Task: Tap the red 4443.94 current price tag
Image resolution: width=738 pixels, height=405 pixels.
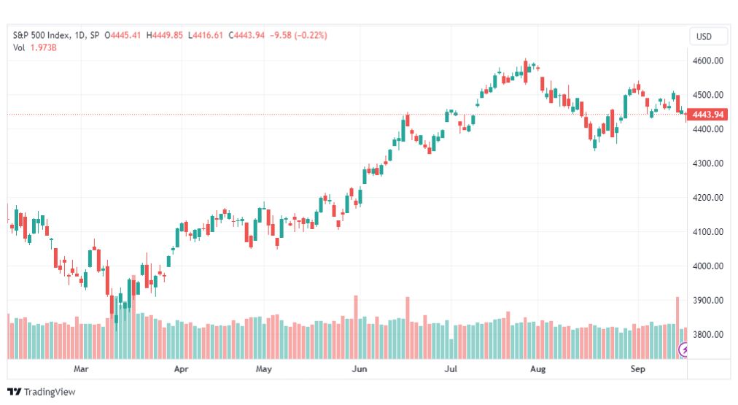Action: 707,115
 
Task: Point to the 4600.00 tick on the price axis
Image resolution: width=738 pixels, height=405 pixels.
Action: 708,61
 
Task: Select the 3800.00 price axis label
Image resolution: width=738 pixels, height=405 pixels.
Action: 708,335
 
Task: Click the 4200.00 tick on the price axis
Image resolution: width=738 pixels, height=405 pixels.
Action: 708,198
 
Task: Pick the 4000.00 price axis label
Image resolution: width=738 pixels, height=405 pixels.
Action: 708,266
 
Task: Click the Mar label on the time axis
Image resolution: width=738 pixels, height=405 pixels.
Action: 81,369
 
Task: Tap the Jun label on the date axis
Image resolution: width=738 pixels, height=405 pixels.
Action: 359,369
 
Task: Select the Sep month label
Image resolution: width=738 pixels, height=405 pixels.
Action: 638,369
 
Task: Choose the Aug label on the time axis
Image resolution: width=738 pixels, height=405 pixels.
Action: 538,369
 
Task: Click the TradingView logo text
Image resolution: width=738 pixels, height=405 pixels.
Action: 50,392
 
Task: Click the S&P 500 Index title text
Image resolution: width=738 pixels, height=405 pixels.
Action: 42,35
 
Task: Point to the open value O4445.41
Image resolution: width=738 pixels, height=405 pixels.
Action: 123,35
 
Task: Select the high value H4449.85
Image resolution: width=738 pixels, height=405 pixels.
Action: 164,35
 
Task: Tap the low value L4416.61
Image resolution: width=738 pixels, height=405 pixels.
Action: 205,35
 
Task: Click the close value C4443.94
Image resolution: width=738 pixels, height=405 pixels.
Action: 246,35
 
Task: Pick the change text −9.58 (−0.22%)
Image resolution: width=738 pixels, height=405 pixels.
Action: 298,35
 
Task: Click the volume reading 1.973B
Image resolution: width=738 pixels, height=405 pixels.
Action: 43,47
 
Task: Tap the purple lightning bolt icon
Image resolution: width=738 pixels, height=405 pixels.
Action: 684,350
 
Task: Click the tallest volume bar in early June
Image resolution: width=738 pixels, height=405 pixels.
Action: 356,328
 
